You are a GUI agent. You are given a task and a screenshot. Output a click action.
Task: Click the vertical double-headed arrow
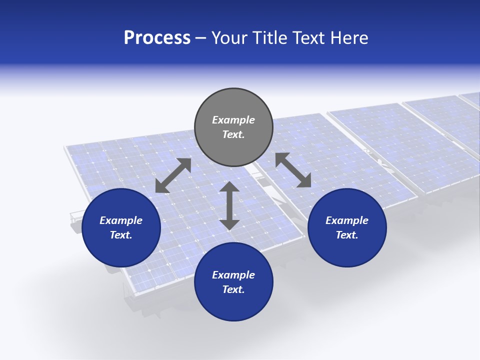pyautogui.click(x=229, y=205)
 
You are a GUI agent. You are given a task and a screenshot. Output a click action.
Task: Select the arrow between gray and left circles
pyautogui.click(x=173, y=175)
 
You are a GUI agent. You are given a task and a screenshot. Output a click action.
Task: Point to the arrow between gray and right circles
pyautogui.click(x=293, y=170)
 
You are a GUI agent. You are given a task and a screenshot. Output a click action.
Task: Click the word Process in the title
pyautogui.click(x=157, y=38)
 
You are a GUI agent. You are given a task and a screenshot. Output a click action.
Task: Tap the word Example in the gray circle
pyautogui.click(x=233, y=120)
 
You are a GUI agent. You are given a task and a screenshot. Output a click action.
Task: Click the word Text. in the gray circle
pyautogui.click(x=233, y=134)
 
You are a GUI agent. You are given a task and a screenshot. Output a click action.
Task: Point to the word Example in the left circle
pyautogui.click(x=121, y=220)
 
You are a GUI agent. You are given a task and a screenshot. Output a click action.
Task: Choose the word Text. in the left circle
pyautogui.click(x=121, y=235)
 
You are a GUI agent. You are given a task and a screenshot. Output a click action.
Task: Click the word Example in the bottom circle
pyautogui.click(x=233, y=275)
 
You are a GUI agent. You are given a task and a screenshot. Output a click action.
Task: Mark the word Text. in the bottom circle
pyautogui.click(x=233, y=289)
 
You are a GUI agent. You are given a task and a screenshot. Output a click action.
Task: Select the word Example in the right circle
pyautogui.click(x=347, y=220)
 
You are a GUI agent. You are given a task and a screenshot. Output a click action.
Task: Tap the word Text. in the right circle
pyautogui.click(x=347, y=235)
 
